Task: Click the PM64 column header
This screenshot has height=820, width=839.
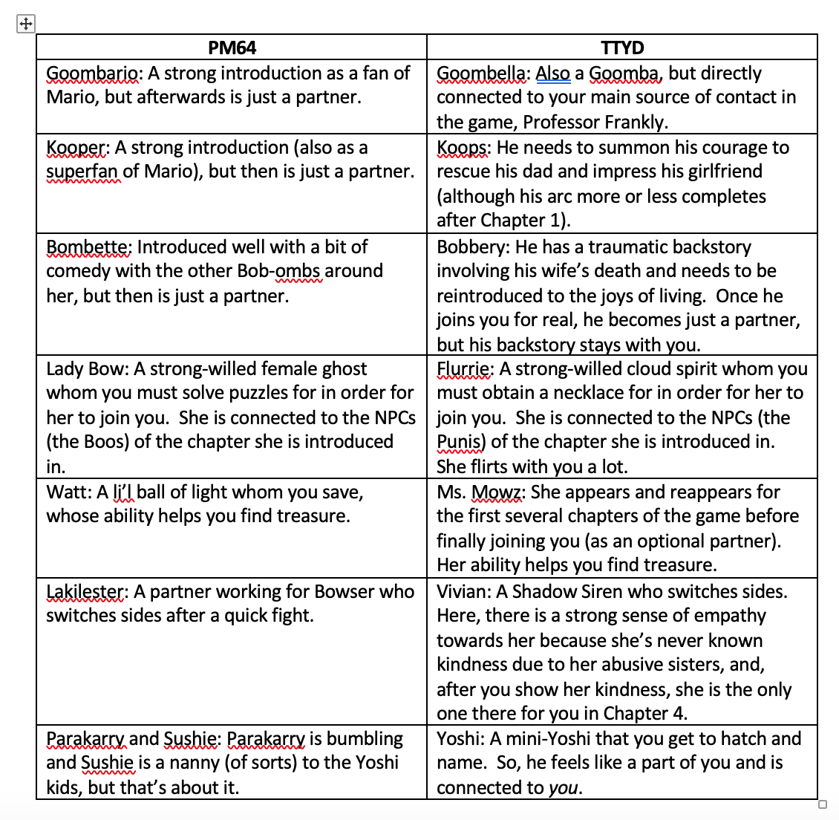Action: tap(232, 48)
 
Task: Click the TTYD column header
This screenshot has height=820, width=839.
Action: tap(622, 48)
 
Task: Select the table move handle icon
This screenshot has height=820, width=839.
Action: tap(25, 24)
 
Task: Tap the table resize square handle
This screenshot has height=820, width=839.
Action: tap(822, 804)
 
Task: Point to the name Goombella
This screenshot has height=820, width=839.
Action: tap(483, 74)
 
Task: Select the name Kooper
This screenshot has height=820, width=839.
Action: tap(76, 148)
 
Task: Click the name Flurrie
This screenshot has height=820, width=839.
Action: tap(464, 369)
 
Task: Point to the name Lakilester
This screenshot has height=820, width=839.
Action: tap(86, 592)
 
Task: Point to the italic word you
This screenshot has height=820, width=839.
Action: tap(564, 788)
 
